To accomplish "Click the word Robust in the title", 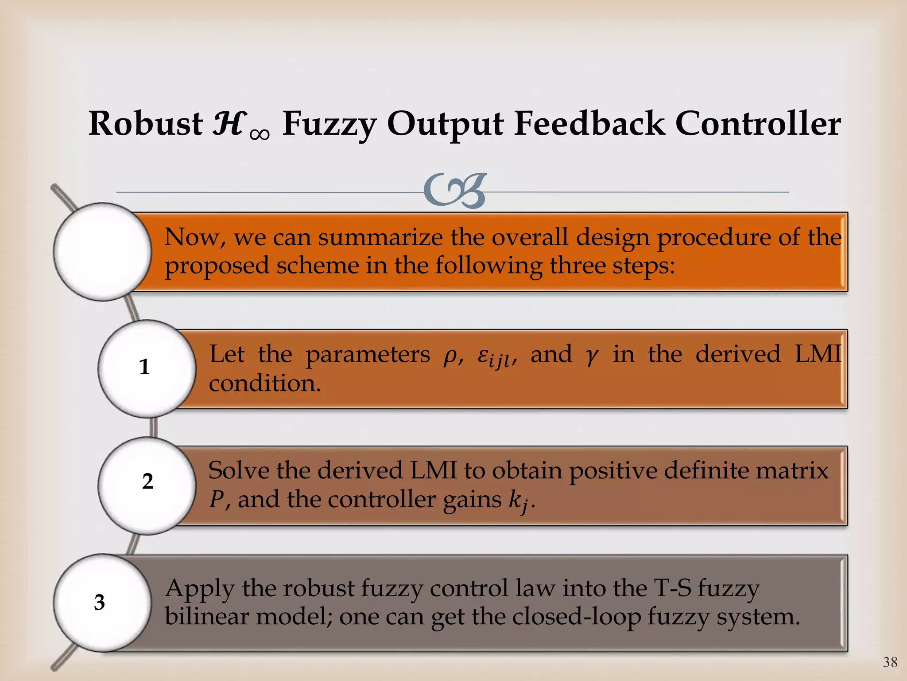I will point(145,124).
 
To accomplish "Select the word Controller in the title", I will point(757,124).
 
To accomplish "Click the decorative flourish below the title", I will point(455,191).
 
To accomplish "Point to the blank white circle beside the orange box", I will point(102,251).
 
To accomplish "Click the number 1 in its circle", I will point(144,367).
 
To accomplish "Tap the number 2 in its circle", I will point(147,481).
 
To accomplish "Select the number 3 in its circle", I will point(100,603).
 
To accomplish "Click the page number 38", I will point(890,662).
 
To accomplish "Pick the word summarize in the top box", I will point(380,237).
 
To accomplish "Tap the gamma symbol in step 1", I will point(592,356).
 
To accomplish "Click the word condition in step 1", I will point(264,384).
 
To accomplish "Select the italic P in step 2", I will point(217,500).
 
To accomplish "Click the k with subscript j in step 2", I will point(518,501).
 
